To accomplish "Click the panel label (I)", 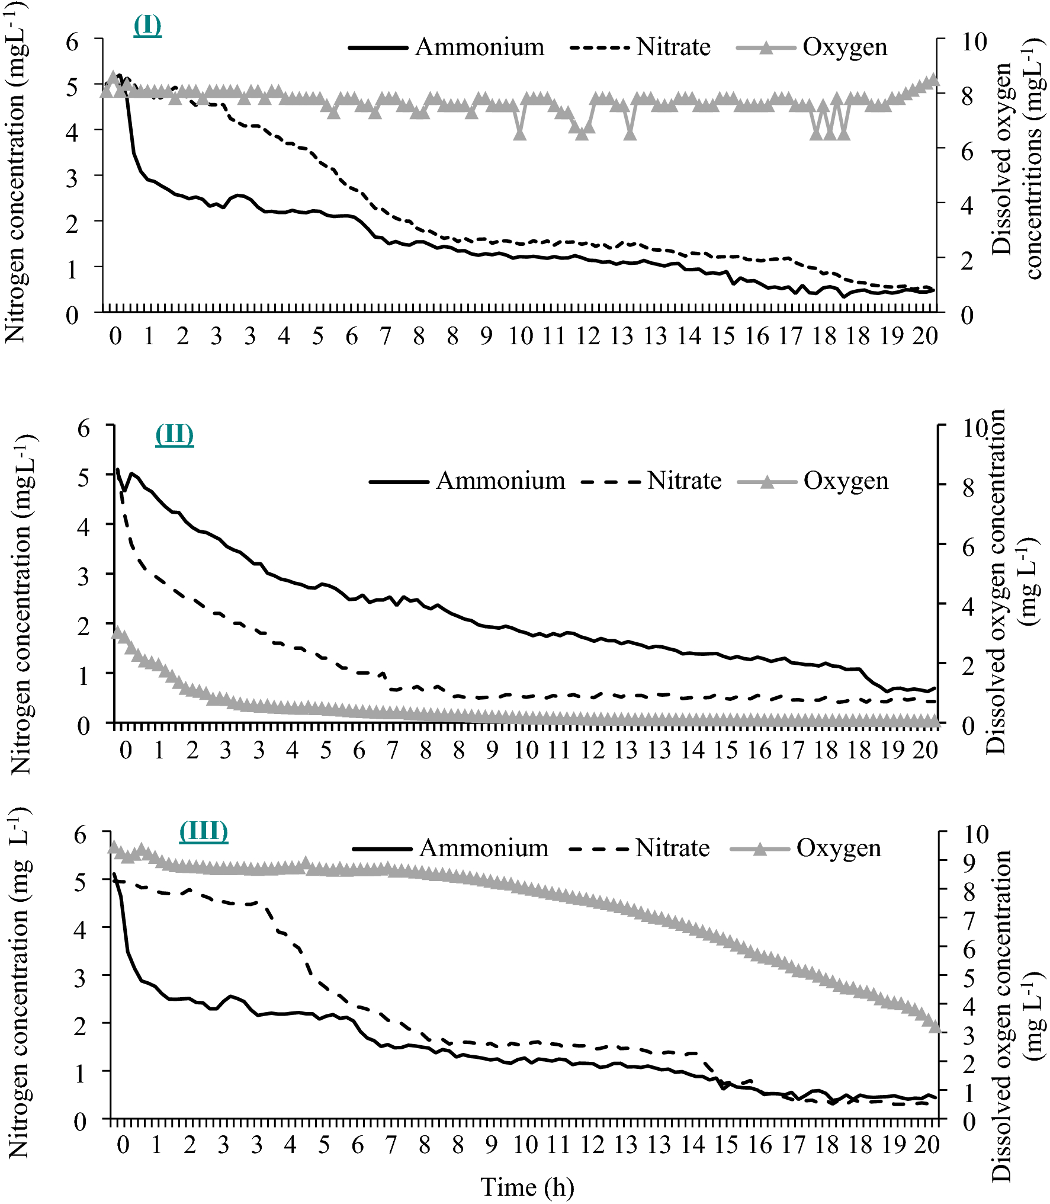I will [x=147, y=25].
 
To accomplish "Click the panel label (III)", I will [x=204, y=831].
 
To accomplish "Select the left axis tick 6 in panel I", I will [x=72, y=42].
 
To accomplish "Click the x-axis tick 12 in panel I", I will [x=588, y=336].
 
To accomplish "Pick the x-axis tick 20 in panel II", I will [x=925, y=750].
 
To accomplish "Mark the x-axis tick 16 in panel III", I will [x=760, y=1145].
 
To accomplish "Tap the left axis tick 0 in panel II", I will [x=84, y=725].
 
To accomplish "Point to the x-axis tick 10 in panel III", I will [x=525, y=1145].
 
